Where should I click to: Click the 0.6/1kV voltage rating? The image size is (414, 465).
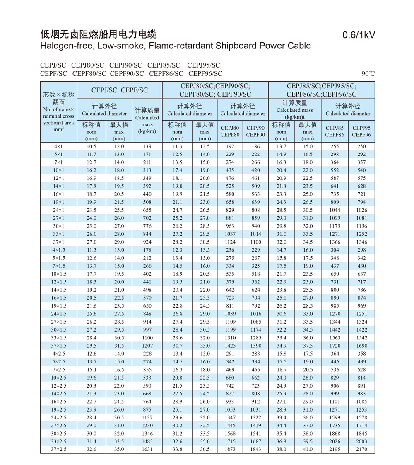coord(359,35)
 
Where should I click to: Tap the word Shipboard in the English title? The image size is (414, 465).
coord(235,46)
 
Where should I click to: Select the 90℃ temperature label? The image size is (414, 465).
coord(368,74)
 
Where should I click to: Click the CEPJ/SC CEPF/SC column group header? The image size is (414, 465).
coord(119,90)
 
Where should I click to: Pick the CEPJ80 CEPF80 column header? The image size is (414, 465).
coord(230,131)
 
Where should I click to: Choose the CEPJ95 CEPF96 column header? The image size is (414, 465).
coord(361,131)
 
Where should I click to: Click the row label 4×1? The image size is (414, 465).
coord(58,146)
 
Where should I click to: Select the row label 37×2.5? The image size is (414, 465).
coord(58,449)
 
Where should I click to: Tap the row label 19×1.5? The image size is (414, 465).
coord(58,306)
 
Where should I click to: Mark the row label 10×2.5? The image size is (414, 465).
coord(58,378)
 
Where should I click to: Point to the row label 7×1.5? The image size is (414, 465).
coord(58,266)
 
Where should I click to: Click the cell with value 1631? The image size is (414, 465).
coord(147,449)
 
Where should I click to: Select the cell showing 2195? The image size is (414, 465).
coord(335,449)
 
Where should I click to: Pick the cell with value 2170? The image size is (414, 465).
coord(361,449)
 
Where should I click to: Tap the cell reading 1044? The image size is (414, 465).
coord(335,210)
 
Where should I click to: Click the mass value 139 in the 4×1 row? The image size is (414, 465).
coord(147,146)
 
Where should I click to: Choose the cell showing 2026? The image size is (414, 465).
coord(335,441)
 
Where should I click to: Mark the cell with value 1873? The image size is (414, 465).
coord(230,449)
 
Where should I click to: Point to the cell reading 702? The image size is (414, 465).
coord(147,218)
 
